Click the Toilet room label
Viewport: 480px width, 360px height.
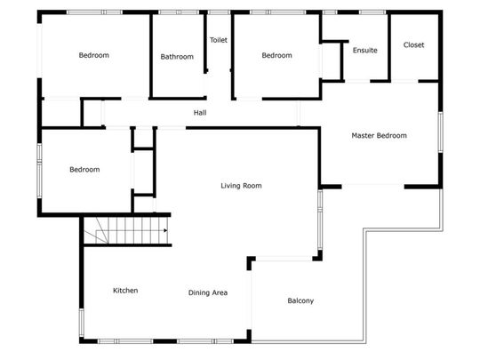219,40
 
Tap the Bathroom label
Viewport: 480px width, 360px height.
177,57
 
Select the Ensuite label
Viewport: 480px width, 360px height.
364,50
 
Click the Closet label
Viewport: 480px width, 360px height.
413,44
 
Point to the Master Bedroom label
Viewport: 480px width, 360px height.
379,136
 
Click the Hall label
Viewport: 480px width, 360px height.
201,113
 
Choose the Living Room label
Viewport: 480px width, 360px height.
241,186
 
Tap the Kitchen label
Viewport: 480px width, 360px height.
125,291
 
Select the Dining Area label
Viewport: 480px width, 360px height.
208,292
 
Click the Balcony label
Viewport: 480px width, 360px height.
300,300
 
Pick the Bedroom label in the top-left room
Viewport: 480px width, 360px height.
94,55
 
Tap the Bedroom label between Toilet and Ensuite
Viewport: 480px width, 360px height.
276,56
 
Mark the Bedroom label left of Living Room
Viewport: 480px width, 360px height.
84,169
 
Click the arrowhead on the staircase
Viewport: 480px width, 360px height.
165,231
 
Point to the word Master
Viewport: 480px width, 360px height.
364,136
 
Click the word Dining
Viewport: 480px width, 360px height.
200,292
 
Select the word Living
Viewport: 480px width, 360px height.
231,186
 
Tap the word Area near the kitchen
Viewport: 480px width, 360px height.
220,292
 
